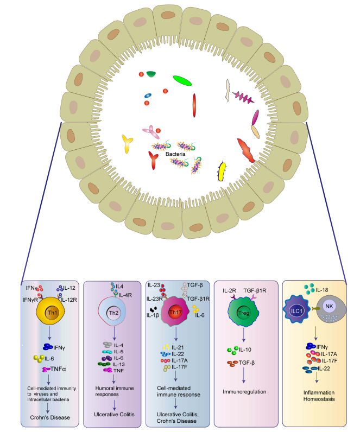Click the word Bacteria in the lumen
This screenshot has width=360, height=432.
tap(177, 155)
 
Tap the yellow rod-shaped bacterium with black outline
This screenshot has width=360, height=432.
tap(222, 170)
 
